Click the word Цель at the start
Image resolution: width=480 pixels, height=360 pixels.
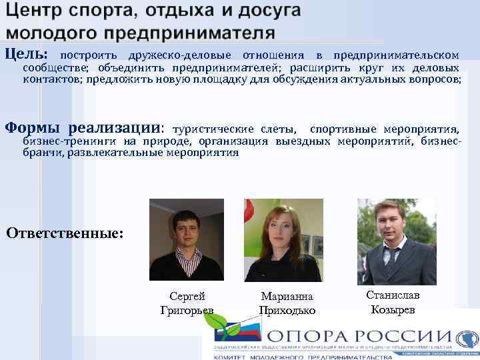click(x=25, y=54)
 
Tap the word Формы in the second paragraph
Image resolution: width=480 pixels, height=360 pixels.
click(x=33, y=127)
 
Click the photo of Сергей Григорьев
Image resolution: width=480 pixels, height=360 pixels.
click(x=186, y=240)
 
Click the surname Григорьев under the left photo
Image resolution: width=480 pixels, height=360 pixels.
click(x=187, y=310)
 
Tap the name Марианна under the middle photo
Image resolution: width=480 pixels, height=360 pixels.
click(x=287, y=297)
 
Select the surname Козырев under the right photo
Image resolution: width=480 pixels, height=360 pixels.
click(x=393, y=309)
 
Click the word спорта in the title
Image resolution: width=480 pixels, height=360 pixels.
click(x=107, y=12)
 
